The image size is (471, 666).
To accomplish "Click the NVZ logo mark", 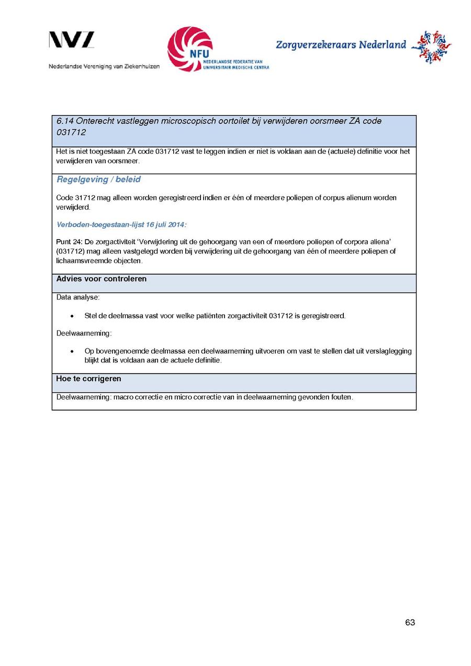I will [72, 40].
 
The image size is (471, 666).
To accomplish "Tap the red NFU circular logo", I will [190, 49].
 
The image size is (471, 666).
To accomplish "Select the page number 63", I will [410, 623].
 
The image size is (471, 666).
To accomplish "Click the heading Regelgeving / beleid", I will [98, 179].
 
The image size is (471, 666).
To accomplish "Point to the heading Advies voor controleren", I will [102, 279].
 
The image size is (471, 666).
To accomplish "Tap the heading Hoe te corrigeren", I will [88, 378].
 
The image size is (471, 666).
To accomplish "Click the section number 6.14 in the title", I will [65, 121].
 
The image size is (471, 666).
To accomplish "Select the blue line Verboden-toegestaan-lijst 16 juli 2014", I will [121, 224].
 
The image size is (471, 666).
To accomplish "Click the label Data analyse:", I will [78, 297].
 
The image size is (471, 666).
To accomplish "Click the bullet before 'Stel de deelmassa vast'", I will [72, 316].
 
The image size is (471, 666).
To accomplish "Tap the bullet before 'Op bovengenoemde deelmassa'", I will [72, 351].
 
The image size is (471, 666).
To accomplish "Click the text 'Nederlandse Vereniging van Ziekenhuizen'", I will [104, 66].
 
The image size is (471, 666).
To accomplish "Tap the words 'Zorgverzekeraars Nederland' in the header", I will [341, 45].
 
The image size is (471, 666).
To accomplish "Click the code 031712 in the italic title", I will [71, 133].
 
